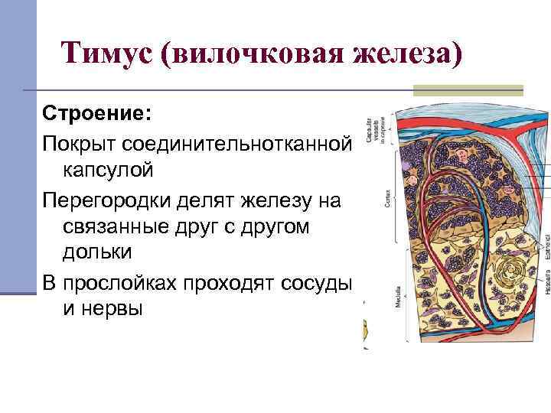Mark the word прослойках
click(x=133, y=284)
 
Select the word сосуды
click(x=317, y=284)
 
